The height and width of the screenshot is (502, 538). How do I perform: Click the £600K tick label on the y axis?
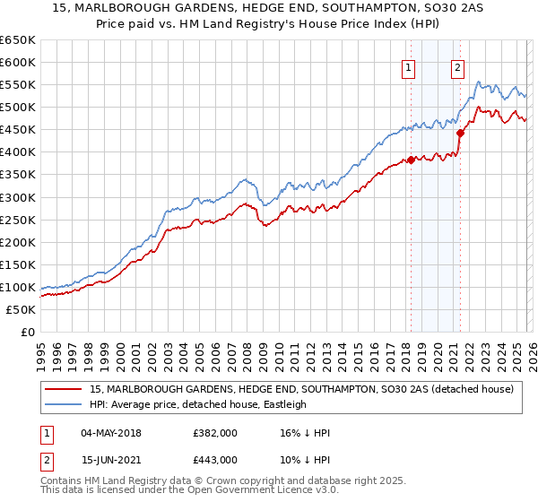[17, 62]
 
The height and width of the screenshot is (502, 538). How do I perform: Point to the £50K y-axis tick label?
[21, 309]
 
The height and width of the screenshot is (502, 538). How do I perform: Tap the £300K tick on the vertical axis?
[17, 197]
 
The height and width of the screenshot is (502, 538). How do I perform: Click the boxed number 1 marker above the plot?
[409, 66]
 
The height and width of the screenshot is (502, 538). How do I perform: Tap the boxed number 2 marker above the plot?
[457, 66]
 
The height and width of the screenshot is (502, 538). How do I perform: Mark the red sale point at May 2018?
[411, 160]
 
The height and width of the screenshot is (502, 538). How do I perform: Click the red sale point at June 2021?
[460, 133]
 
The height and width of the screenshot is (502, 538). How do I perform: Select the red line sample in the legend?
[64, 389]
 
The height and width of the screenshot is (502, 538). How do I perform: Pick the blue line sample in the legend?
[64, 404]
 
